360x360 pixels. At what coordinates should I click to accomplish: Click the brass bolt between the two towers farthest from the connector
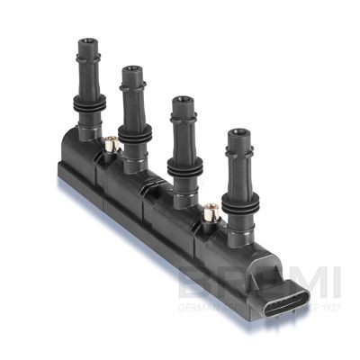click(111, 143)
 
